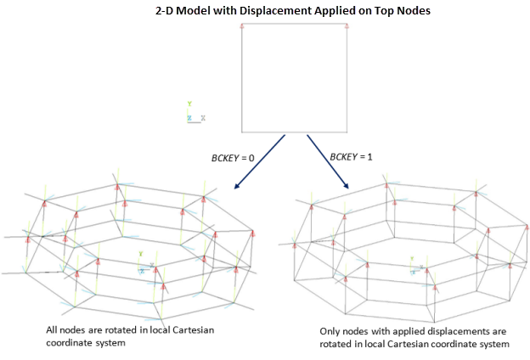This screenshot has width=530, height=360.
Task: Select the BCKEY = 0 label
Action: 233,158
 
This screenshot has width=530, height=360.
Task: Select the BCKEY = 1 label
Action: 351,158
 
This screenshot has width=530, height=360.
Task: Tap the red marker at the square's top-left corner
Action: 242,27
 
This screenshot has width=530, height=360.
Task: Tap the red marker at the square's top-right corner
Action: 347,27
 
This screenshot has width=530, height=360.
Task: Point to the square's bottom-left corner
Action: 242,132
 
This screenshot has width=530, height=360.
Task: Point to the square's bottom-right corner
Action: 347,132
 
